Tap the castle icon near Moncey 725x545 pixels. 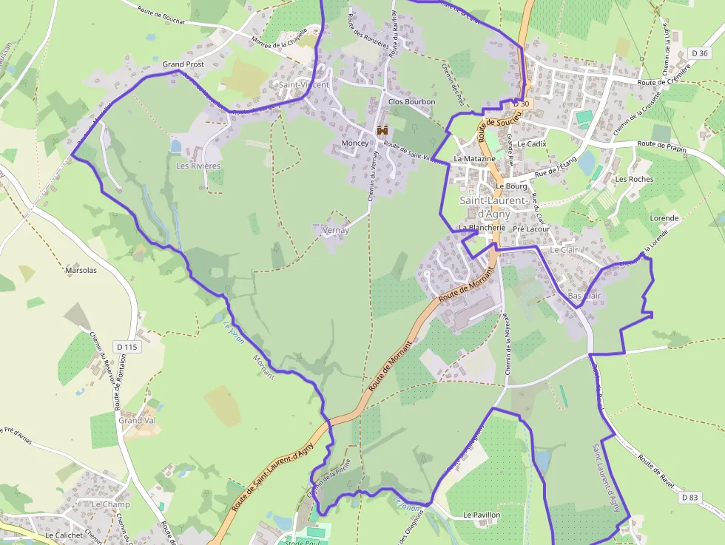[x=382, y=131]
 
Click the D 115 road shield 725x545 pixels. [x=127, y=347]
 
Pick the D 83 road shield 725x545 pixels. [x=689, y=497]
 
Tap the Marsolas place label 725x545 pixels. [x=81, y=270]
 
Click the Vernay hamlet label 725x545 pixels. [x=336, y=230]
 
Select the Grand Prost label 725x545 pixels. [x=183, y=64]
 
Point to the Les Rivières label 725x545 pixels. [x=198, y=166]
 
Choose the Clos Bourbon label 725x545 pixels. [x=411, y=101]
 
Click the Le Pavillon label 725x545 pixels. [x=482, y=515]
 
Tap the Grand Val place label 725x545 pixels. [x=137, y=420]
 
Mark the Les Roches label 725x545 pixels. [x=634, y=179]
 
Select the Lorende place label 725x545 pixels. [x=664, y=218]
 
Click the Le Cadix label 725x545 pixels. [x=531, y=143]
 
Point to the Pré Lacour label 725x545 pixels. [x=530, y=229]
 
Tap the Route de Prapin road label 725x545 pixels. [x=661, y=146]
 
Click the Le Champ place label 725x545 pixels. [x=110, y=504]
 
